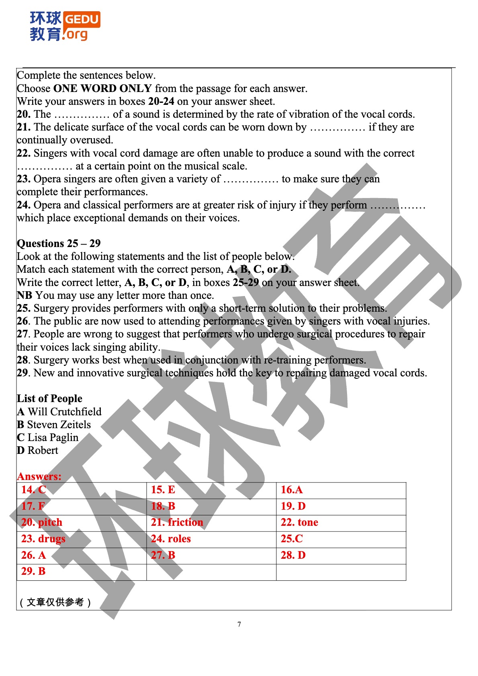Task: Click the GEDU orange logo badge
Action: (82, 19)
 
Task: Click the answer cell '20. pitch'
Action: (42, 523)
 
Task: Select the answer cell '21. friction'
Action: (177, 523)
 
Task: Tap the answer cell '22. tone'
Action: (299, 523)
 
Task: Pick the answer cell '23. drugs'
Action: (43, 539)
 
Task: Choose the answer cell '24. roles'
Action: (171, 539)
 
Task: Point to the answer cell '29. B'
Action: (33, 572)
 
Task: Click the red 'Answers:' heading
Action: (39, 476)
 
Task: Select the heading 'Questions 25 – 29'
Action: (59, 243)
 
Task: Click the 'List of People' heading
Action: (49, 398)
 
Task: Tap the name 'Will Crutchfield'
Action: (64, 412)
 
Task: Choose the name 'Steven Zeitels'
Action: (59, 425)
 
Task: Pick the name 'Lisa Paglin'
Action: (53, 437)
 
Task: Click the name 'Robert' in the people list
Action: (43, 450)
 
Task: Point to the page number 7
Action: (239, 624)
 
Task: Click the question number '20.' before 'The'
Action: (23, 114)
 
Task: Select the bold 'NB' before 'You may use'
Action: (24, 296)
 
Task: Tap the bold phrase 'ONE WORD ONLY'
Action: (102, 88)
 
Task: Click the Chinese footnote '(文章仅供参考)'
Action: (55, 602)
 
